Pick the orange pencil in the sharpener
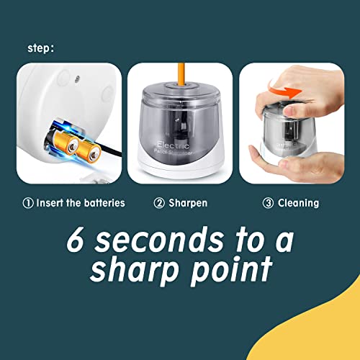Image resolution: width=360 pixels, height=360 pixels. (x=179, y=76)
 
